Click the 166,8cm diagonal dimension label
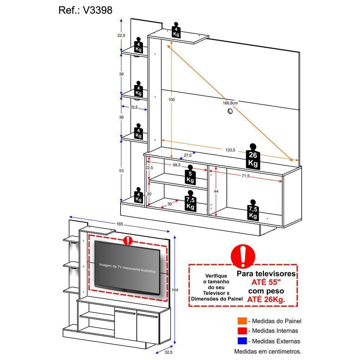230,103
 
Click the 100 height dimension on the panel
171,99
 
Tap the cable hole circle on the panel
230,112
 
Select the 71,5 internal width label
246,176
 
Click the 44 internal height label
216,192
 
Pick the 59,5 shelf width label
176,165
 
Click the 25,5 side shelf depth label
134,107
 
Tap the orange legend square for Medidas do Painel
242,321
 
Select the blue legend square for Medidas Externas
242,341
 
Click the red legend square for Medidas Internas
242,331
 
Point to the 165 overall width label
120,224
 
